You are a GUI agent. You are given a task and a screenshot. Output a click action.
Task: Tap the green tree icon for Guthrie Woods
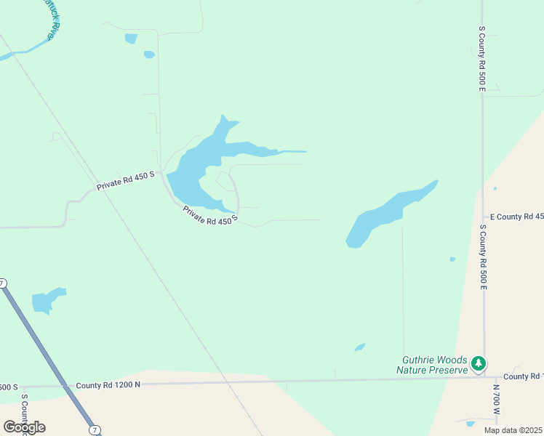pyautogui.click(x=478, y=362)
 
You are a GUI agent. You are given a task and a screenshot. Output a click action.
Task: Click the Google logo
pyautogui.click(x=24, y=427)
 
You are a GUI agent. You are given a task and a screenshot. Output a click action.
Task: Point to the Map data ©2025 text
pyautogui.click(x=513, y=430)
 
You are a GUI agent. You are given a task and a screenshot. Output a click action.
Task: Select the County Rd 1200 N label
pyautogui.click(x=108, y=385)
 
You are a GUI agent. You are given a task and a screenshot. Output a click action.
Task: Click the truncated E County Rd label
pyautogui.click(x=516, y=217)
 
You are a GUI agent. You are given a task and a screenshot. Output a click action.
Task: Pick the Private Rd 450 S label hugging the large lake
pyautogui.click(x=210, y=215)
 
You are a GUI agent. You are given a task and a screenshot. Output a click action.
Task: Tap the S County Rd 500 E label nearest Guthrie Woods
pyautogui.click(x=482, y=257)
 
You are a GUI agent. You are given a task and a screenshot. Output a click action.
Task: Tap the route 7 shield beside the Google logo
pyautogui.click(x=95, y=430)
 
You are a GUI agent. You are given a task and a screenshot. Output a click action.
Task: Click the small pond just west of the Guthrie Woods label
pyautogui.click(x=359, y=347)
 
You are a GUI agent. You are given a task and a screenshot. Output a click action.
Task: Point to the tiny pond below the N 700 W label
pyautogui.click(x=471, y=423)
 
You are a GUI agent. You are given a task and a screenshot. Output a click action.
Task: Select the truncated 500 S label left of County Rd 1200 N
pyautogui.click(x=9, y=387)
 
